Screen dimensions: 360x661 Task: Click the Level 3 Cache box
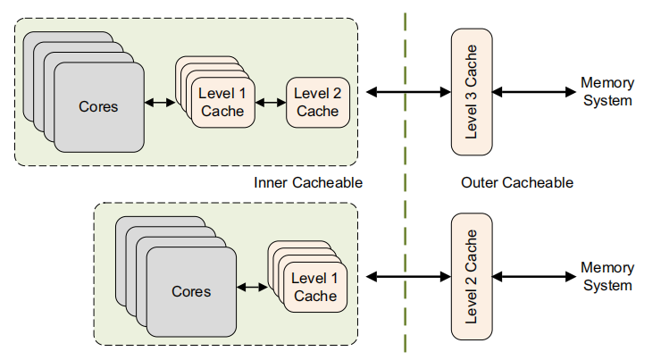(472, 90)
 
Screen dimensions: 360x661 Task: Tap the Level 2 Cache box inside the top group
(317, 102)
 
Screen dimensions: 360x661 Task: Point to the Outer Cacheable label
(517, 183)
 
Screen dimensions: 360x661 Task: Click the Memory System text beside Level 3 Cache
(607, 91)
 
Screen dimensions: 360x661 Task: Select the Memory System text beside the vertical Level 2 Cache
(607, 277)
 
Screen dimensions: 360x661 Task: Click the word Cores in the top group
(98, 105)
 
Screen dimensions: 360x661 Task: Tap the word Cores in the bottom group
(191, 291)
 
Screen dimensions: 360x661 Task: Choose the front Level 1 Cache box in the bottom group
(315, 288)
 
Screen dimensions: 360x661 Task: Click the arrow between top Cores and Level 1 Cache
(160, 103)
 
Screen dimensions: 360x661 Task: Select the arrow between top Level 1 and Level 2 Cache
(270, 102)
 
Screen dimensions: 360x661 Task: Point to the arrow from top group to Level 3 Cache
(406, 91)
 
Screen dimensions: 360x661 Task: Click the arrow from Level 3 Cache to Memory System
(531, 91)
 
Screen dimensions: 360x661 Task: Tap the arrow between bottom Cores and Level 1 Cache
(253, 288)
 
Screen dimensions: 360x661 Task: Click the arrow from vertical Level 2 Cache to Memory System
(531, 278)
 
